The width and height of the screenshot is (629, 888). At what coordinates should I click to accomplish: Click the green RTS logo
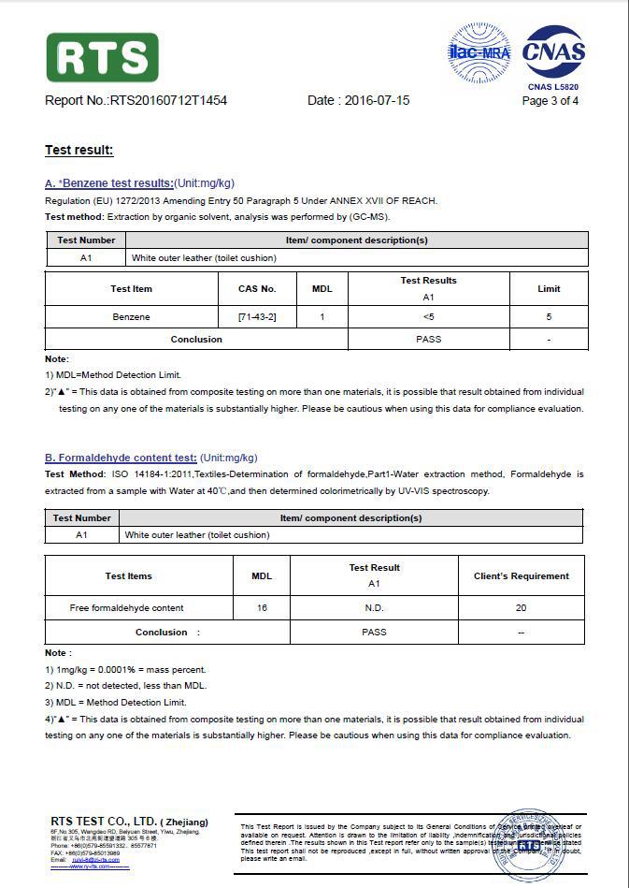(x=102, y=57)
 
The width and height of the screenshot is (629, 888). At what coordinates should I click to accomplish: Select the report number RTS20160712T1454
(x=168, y=100)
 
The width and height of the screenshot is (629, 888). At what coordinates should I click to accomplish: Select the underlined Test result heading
(x=79, y=151)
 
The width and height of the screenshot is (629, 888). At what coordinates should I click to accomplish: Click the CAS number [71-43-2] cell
(x=257, y=317)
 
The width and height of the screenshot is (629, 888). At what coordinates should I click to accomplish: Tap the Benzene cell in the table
(x=131, y=317)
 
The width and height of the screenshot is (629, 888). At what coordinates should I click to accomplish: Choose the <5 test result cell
(x=428, y=317)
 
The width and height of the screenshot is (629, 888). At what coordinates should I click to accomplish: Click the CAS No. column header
(x=257, y=288)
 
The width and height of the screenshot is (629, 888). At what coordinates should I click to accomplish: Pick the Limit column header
(x=549, y=288)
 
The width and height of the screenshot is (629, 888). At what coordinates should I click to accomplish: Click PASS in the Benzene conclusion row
(x=428, y=340)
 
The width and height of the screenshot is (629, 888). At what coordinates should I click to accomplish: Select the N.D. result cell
(x=374, y=608)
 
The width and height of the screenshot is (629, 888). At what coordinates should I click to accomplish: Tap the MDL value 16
(x=262, y=608)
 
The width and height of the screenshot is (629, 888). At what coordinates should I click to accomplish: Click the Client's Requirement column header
(x=521, y=575)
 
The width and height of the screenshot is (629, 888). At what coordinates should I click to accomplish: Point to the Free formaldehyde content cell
(x=126, y=608)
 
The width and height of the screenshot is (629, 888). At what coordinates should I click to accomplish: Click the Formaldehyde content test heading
(x=121, y=458)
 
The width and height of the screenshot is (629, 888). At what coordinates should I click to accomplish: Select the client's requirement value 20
(x=521, y=608)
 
